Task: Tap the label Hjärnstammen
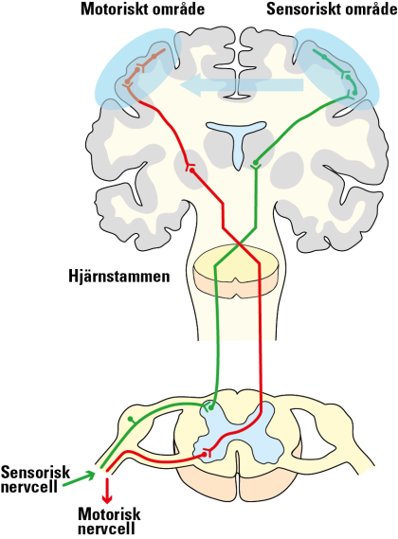click(x=119, y=277)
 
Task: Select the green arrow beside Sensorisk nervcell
click(x=79, y=479)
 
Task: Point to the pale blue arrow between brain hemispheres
click(x=242, y=85)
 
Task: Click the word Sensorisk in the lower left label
click(x=35, y=473)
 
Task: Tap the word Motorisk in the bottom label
click(x=109, y=514)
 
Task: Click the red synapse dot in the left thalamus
click(x=192, y=171)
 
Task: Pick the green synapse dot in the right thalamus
click(x=255, y=162)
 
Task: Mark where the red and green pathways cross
click(x=239, y=244)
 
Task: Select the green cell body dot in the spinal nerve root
click(x=130, y=419)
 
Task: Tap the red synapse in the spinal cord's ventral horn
click(x=206, y=454)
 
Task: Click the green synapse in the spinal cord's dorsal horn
click(x=209, y=407)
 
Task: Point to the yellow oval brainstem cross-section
click(x=236, y=272)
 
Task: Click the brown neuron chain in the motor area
click(x=142, y=71)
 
